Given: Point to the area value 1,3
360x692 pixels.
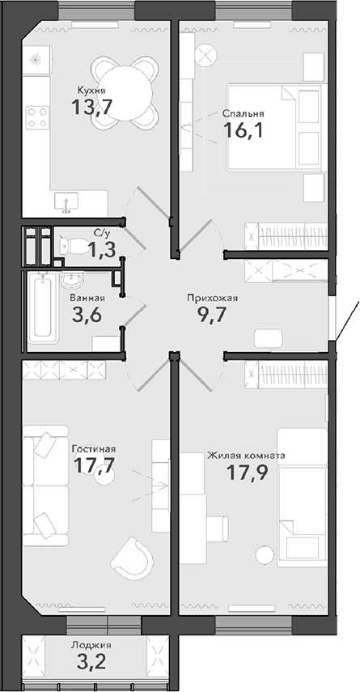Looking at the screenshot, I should (x=101, y=248).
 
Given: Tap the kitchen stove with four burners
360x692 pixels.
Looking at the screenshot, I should (x=36, y=117).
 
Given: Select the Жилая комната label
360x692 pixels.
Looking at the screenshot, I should (x=246, y=456).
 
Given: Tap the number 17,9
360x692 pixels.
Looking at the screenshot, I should (x=244, y=473).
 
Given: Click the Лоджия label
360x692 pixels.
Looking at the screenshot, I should (x=91, y=644).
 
